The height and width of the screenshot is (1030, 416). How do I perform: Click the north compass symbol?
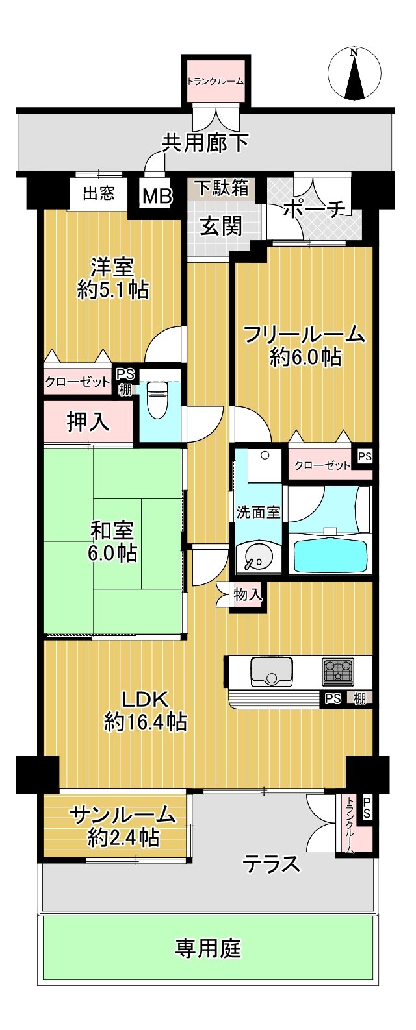pyautogui.click(x=354, y=73)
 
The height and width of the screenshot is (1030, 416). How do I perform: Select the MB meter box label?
pyautogui.click(x=157, y=197)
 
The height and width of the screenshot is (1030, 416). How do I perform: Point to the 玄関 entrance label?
pyautogui.click(x=221, y=227)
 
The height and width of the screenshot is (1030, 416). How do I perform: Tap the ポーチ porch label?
pyautogui.click(x=314, y=210)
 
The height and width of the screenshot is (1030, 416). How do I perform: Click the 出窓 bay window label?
pyautogui.click(x=99, y=193)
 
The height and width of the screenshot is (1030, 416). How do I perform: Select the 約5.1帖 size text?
pyautogui.click(x=113, y=291)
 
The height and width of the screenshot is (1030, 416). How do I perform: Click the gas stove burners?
pyautogui.click(x=338, y=671)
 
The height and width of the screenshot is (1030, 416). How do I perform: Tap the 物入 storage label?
pyautogui.click(x=248, y=595)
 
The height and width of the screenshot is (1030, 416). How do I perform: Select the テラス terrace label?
pyautogui.click(x=272, y=864)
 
